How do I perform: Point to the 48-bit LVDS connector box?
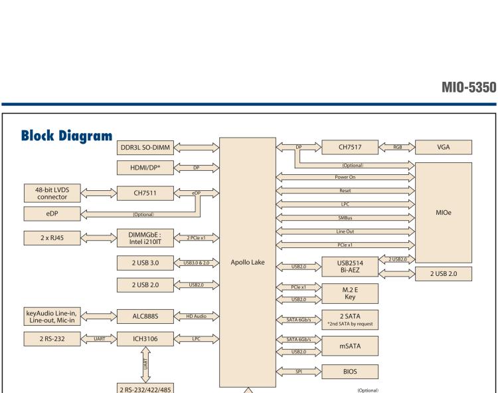point(52,193)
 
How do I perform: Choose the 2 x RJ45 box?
point(52,237)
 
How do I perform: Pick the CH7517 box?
point(349,146)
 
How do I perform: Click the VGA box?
point(443,146)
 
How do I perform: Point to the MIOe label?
point(443,206)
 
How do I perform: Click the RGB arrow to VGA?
point(397,146)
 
